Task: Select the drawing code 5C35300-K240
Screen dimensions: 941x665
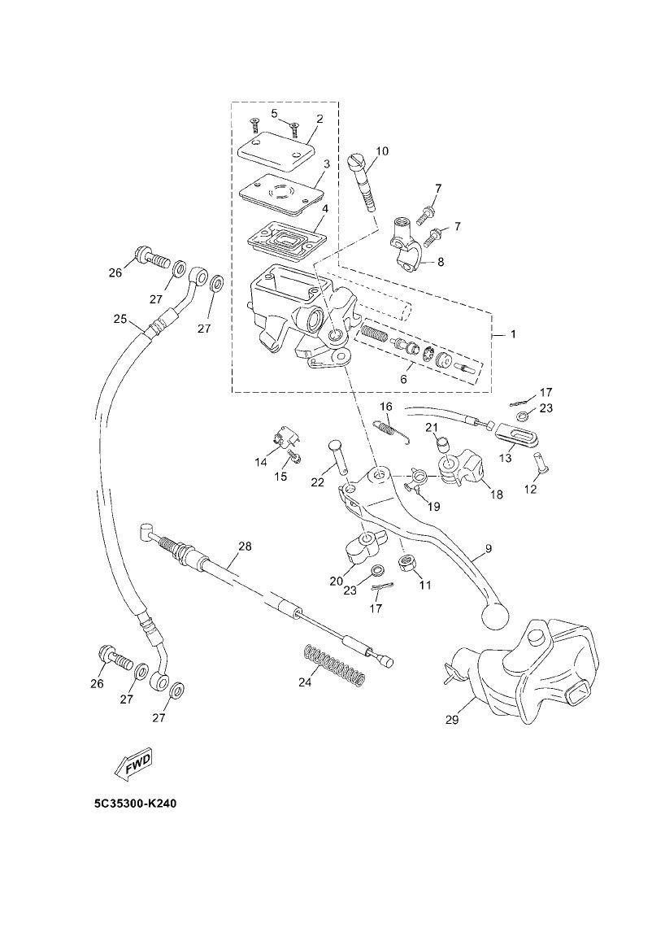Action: click(x=135, y=804)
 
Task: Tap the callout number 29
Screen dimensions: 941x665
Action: click(x=452, y=719)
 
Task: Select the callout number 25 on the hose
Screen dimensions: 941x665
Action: click(x=120, y=318)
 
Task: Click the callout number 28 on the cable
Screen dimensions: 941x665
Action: click(x=245, y=546)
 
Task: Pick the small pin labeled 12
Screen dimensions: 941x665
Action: click(x=543, y=472)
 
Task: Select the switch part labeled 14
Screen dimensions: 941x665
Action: click(x=282, y=440)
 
